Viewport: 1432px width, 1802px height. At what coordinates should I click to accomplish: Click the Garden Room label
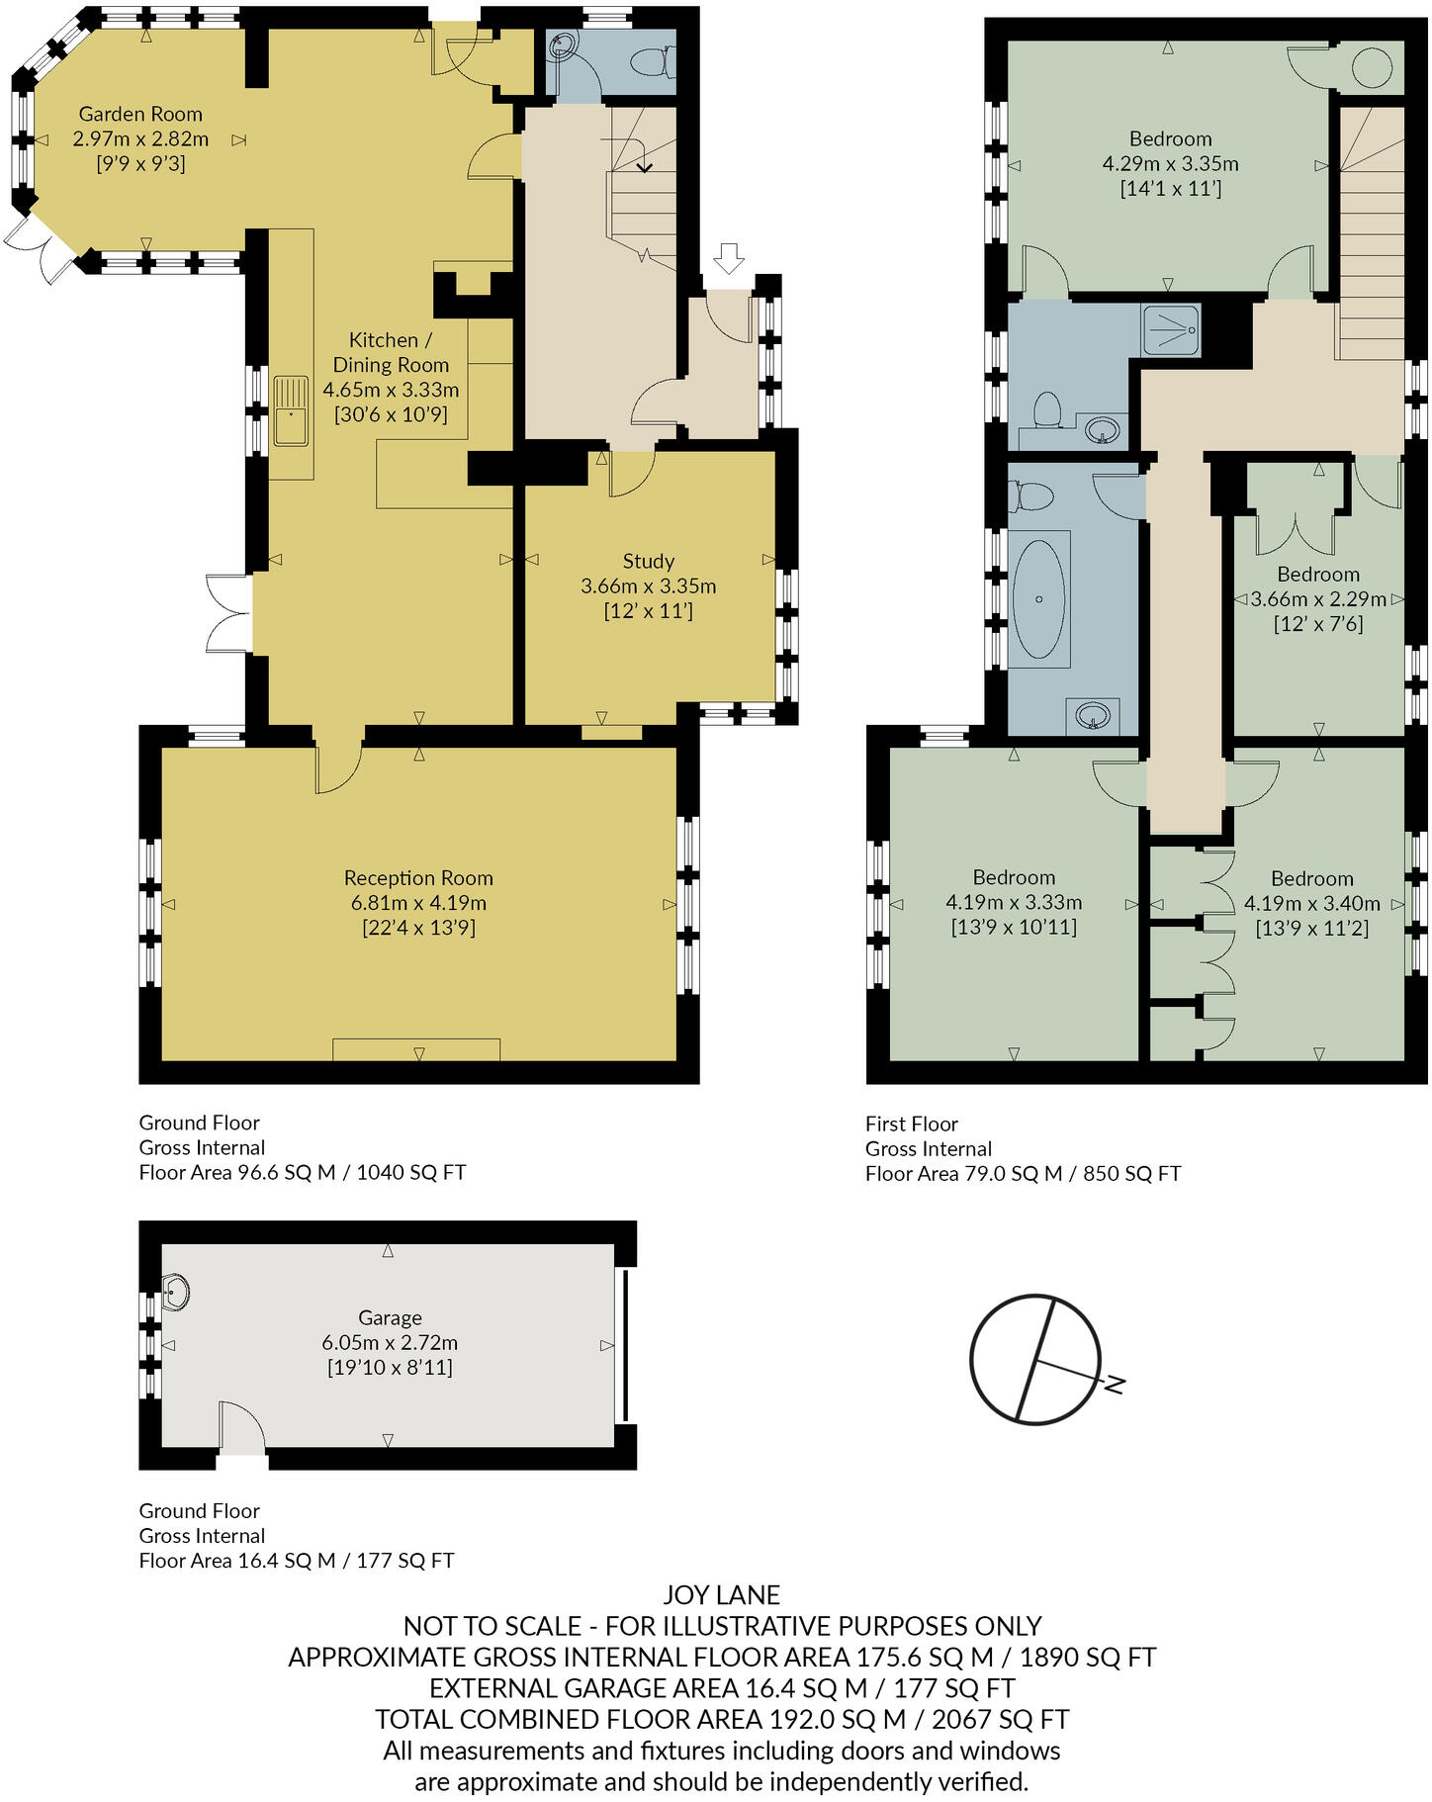click(140, 114)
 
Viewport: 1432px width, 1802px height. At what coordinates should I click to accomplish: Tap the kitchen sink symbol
click(292, 410)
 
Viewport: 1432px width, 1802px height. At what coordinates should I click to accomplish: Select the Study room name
click(648, 561)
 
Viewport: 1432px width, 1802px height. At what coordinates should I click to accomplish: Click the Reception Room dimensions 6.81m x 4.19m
click(418, 902)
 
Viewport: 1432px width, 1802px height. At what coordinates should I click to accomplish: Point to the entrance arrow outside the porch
click(729, 259)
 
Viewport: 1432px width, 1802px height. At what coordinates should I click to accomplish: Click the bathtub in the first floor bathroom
click(1038, 598)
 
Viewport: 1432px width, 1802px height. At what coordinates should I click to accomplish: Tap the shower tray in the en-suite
click(1171, 329)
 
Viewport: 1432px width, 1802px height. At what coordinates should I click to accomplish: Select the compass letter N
click(1115, 1384)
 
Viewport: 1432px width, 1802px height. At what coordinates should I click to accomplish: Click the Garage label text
click(390, 1317)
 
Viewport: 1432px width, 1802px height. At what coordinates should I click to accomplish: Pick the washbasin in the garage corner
click(176, 1292)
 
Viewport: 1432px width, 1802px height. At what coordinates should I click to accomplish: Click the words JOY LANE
click(721, 1594)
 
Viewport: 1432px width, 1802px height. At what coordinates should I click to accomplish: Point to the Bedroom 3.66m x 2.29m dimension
click(1318, 599)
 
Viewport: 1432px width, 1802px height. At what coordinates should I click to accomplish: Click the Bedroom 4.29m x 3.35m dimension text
click(1170, 164)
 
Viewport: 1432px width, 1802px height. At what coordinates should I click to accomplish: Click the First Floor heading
click(911, 1124)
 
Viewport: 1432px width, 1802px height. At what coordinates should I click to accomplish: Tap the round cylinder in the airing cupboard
click(1373, 69)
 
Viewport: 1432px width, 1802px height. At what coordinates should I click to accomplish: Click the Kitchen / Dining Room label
click(390, 352)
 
